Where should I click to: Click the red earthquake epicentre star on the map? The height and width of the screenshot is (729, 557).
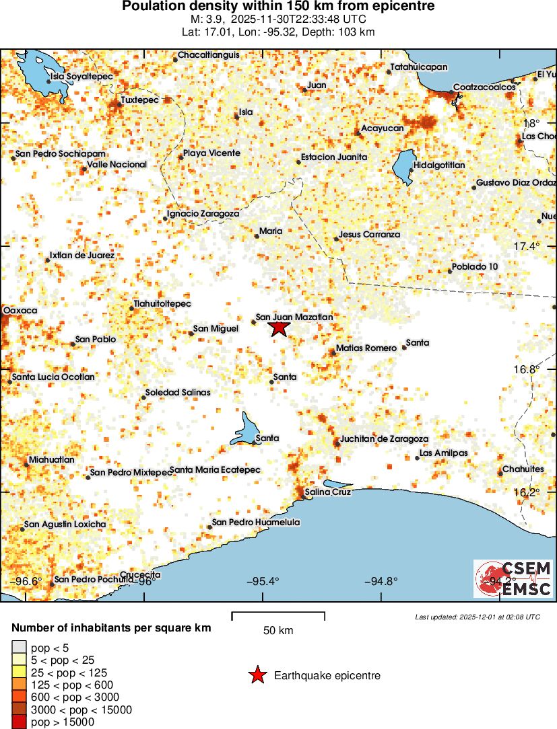(x=279, y=328)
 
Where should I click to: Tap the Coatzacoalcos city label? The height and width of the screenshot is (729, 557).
(x=484, y=87)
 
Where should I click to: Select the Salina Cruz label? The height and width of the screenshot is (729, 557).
(x=328, y=492)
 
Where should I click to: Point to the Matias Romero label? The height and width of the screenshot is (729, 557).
(x=366, y=348)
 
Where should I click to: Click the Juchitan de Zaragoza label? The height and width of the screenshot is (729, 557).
(x=384, y=438)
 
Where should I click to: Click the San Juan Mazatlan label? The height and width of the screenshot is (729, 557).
(x=294, y=317)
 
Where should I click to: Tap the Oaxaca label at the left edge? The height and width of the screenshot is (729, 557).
(x=20, y=310)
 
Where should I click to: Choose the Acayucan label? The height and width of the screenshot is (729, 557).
(x=382, y=128)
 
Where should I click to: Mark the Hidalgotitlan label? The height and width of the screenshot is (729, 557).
(x=439, y=165)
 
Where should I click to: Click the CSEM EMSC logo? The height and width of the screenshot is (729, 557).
(x=513, y=579)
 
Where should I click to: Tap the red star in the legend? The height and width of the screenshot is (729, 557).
(x=257, y=676)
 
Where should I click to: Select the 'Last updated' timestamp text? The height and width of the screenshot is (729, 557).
(x=477, y=617)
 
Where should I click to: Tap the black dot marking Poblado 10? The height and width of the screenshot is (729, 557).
(x=449, y=271)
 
